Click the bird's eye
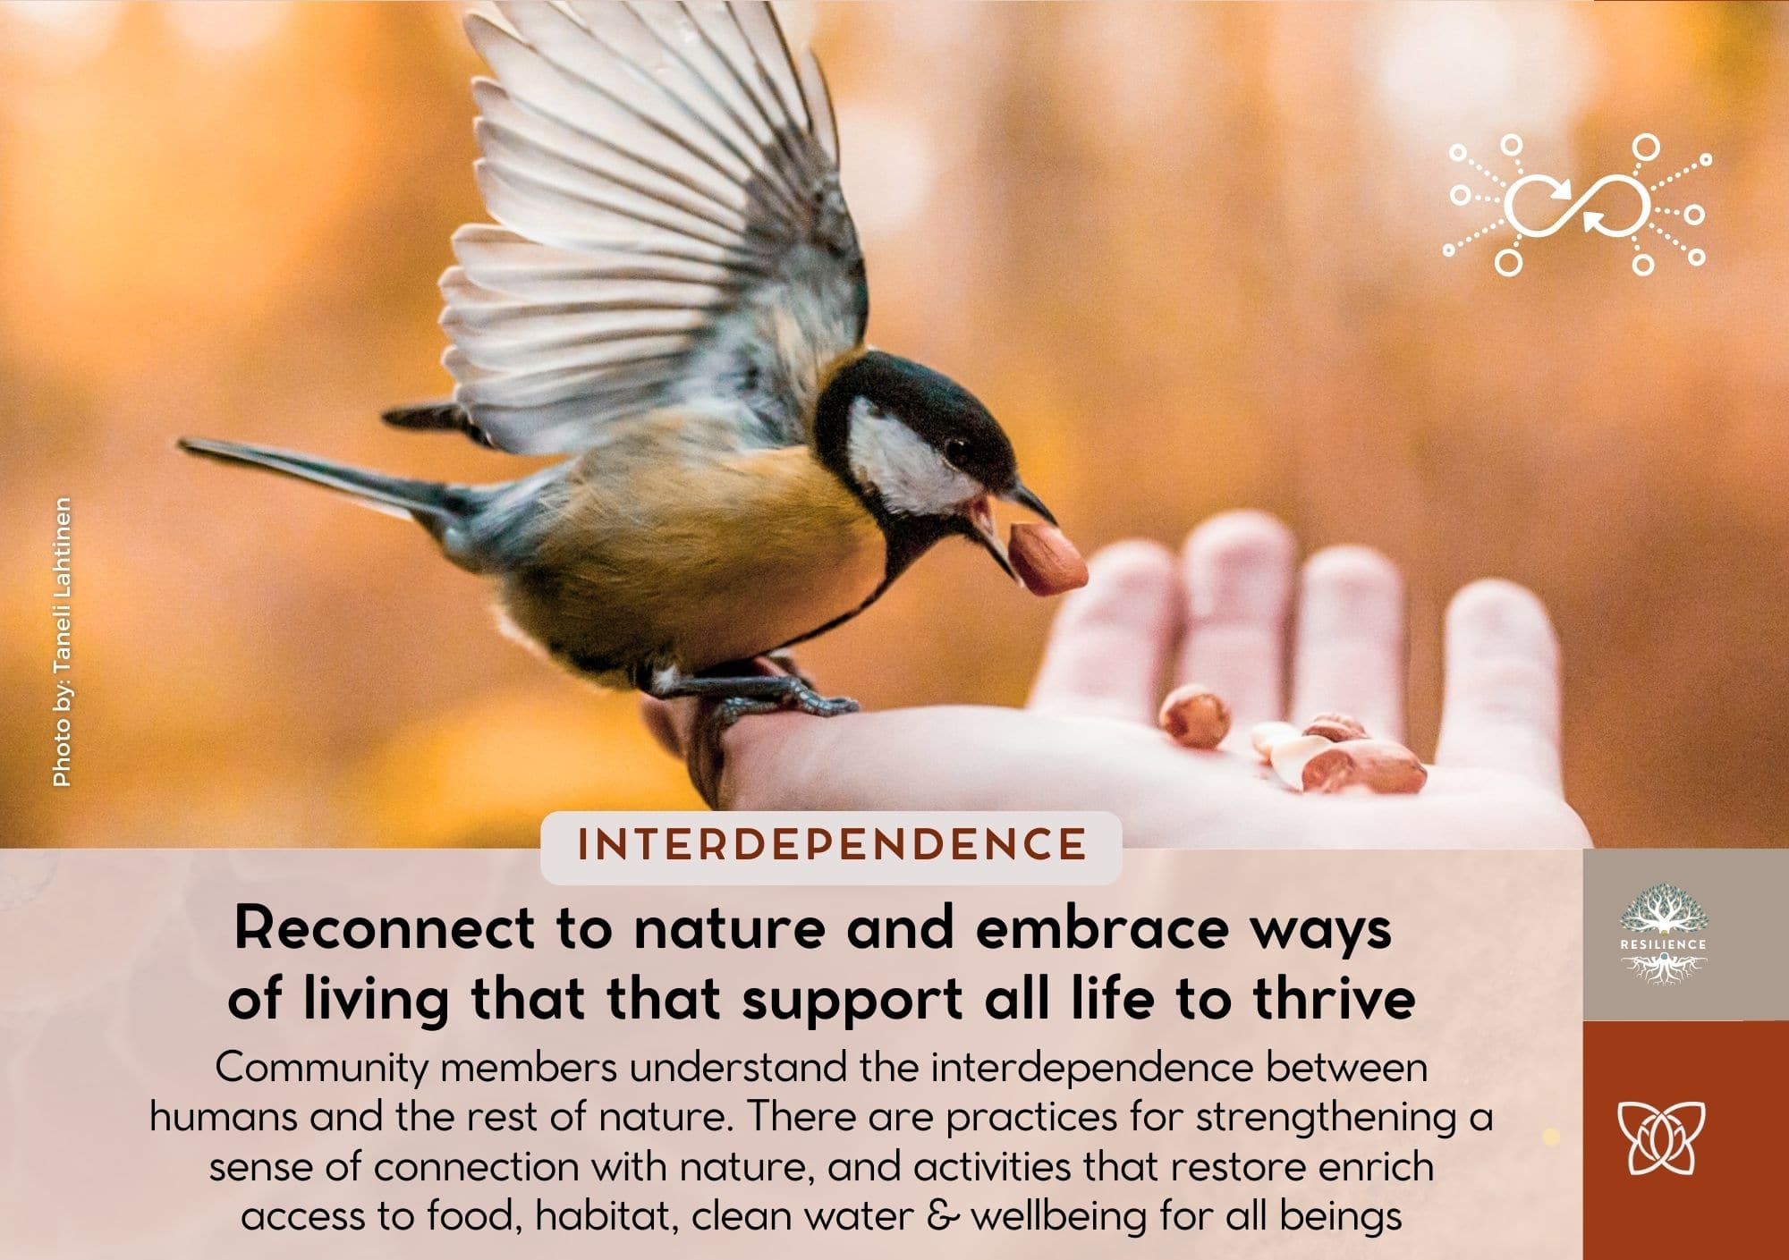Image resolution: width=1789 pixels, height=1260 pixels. click(959, 444)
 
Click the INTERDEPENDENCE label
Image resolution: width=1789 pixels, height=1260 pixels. click(832, 845)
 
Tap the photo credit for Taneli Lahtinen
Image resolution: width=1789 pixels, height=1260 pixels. click(61, 641)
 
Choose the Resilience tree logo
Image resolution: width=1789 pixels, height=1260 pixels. click(1663, 934)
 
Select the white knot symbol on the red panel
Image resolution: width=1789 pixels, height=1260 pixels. click(1662, 1137)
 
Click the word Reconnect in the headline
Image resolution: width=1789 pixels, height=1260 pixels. click(385, 929)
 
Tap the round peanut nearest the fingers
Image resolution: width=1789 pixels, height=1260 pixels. click(1195, 715)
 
